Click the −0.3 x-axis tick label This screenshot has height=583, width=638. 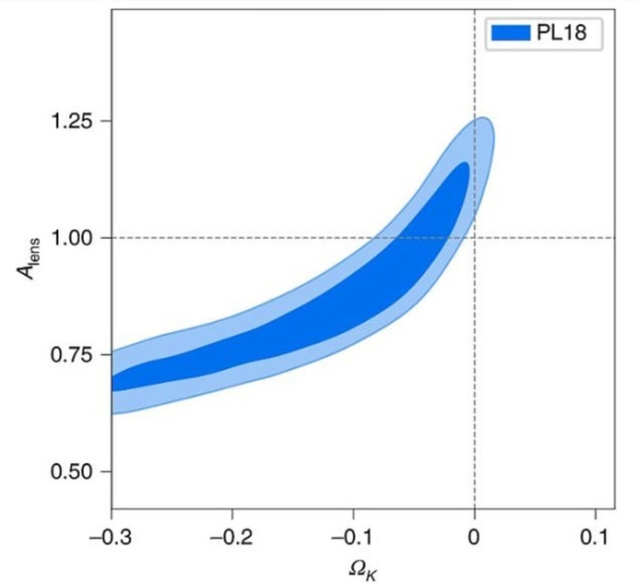click(111, 535)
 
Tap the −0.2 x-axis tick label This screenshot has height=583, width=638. click(232, 535)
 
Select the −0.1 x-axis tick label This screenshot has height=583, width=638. click(353, 535)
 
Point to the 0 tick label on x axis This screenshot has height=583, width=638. click(474, 535)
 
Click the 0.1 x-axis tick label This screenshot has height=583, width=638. click(595, 535)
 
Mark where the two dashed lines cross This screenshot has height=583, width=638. click(474, 237)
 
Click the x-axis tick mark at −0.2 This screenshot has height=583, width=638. click(232, 511)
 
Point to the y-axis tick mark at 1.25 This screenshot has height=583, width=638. click(108, 121)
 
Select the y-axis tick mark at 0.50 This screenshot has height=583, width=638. click(108, 472)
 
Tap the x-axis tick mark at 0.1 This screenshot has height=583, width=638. click(595, 511)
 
